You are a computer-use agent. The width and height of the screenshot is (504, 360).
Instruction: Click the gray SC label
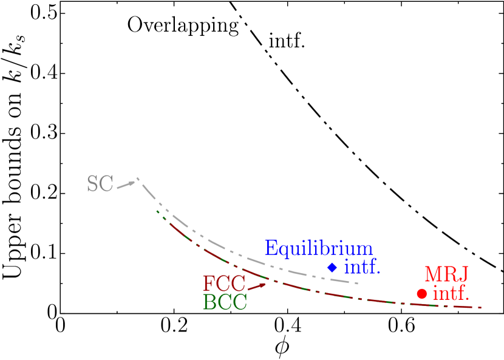point(100,185)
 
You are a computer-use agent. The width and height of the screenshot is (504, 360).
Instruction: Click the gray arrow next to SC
point(126,184)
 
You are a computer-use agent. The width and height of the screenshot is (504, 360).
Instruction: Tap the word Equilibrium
point(319,248)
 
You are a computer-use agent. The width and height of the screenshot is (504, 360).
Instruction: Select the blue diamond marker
point(332,267)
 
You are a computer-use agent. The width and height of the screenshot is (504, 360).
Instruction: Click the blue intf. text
point(362,267)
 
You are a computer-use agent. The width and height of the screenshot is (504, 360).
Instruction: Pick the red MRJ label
point(446,274)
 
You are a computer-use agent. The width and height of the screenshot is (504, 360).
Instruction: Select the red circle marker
point(421,294)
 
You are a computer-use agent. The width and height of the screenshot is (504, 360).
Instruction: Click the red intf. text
point(451,294)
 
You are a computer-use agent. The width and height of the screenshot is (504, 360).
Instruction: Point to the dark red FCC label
point(224,284)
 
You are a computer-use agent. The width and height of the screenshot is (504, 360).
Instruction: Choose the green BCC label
point(225,302)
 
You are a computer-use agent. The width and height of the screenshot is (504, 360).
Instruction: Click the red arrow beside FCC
point(257,286)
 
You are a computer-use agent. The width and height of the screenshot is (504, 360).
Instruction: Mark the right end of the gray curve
point(358,283)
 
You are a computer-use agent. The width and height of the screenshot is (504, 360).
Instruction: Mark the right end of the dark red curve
point(482,308)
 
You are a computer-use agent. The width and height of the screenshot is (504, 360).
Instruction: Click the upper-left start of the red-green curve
point(157,211)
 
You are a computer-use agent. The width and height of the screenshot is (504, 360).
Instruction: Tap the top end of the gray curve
point(138,178)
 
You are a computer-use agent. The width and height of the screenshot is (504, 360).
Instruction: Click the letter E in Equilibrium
point(271,248)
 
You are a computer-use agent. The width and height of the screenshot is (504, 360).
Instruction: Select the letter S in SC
point(93,185)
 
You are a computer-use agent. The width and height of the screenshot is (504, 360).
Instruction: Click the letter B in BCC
point(209,302)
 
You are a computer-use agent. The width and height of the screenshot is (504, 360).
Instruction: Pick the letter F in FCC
point(209,284)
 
